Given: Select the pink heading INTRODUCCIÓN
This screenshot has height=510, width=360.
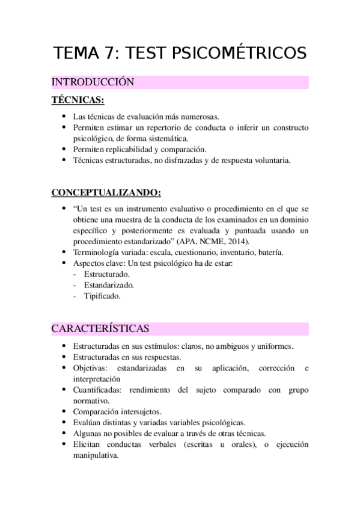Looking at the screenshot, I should pyautogui.click(x=93, y=82).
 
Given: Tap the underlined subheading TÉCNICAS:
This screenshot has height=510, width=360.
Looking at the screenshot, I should pyautogui.click(x=78, y=100).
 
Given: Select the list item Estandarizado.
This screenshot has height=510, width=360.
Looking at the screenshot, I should pyautogui.click(x=109, y=285).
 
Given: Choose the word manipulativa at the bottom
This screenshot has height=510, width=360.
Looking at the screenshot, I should pyautogui.click(x=95, y=455).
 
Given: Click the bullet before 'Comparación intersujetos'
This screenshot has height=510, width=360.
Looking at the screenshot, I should pyautogui.click(x=64, y=412).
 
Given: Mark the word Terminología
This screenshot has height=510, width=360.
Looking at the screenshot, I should pyautogui.click(x=95, y=252).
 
